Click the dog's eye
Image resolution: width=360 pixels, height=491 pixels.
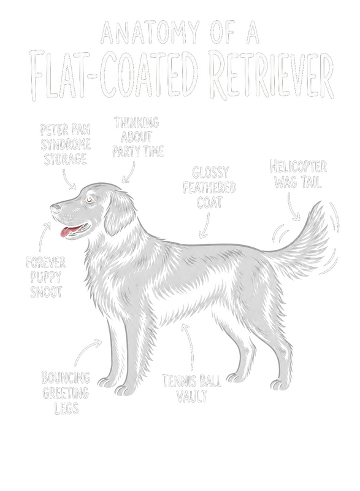coord(90,199)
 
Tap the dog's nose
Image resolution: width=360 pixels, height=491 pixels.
coord(55,208)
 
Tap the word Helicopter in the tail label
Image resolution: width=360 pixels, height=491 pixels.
coord(298,166)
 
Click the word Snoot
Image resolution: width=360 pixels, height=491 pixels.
coord(46,292)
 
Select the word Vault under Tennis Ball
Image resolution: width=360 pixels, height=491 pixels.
coord(192,396)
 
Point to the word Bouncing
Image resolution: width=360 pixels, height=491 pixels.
coord(66,377)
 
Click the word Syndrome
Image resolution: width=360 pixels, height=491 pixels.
coord(66,144)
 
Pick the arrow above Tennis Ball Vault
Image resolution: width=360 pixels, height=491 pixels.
coord(190,346)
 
